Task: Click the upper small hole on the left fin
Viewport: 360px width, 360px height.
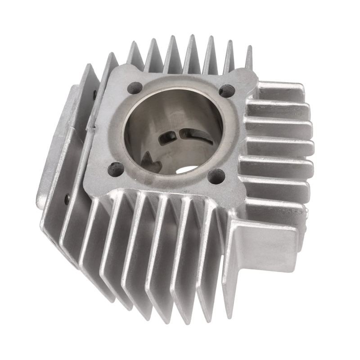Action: (94, 94)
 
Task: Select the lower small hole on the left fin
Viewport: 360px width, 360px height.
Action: (67, 198)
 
